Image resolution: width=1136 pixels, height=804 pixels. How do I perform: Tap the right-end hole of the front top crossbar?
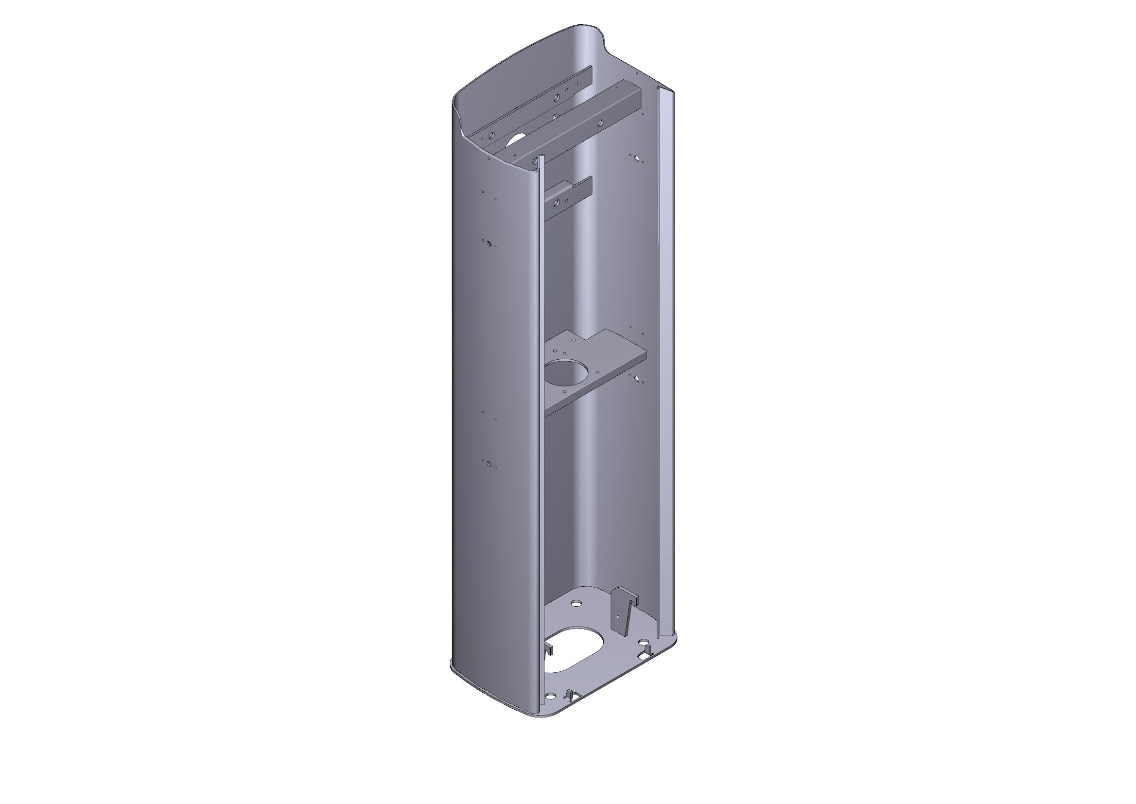600,122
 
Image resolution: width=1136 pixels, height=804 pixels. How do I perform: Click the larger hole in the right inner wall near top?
638,160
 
